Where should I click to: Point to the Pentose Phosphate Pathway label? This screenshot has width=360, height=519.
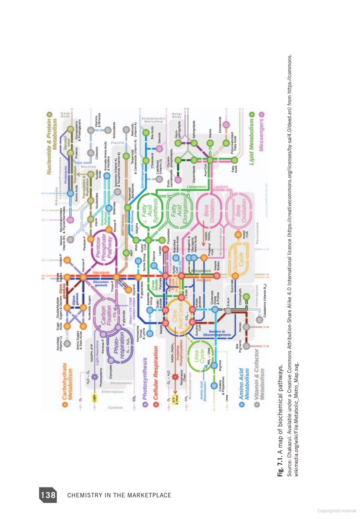(x=105, y=247)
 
